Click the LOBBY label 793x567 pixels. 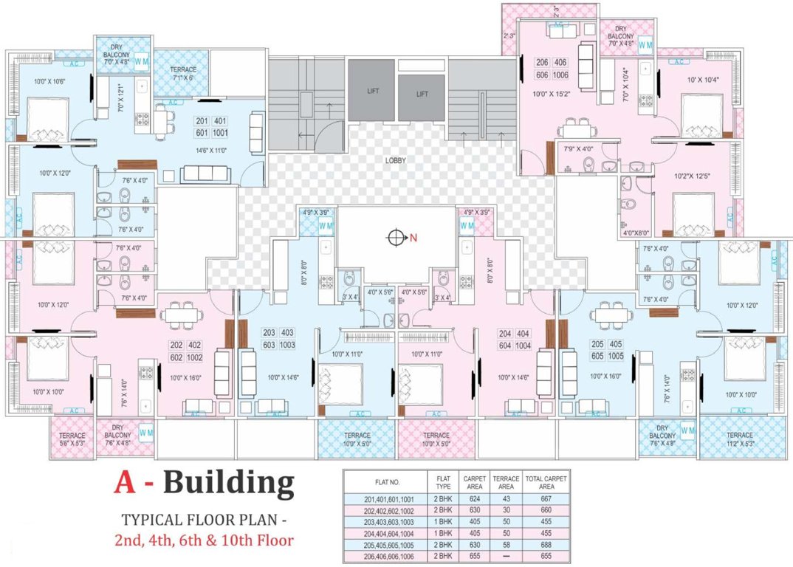tap(395, 160)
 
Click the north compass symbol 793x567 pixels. tap(396, 238)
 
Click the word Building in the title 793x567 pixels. tap(229, 484)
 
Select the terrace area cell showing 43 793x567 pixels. tap(506, 500)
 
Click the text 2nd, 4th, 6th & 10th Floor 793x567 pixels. tap(203, 540)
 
